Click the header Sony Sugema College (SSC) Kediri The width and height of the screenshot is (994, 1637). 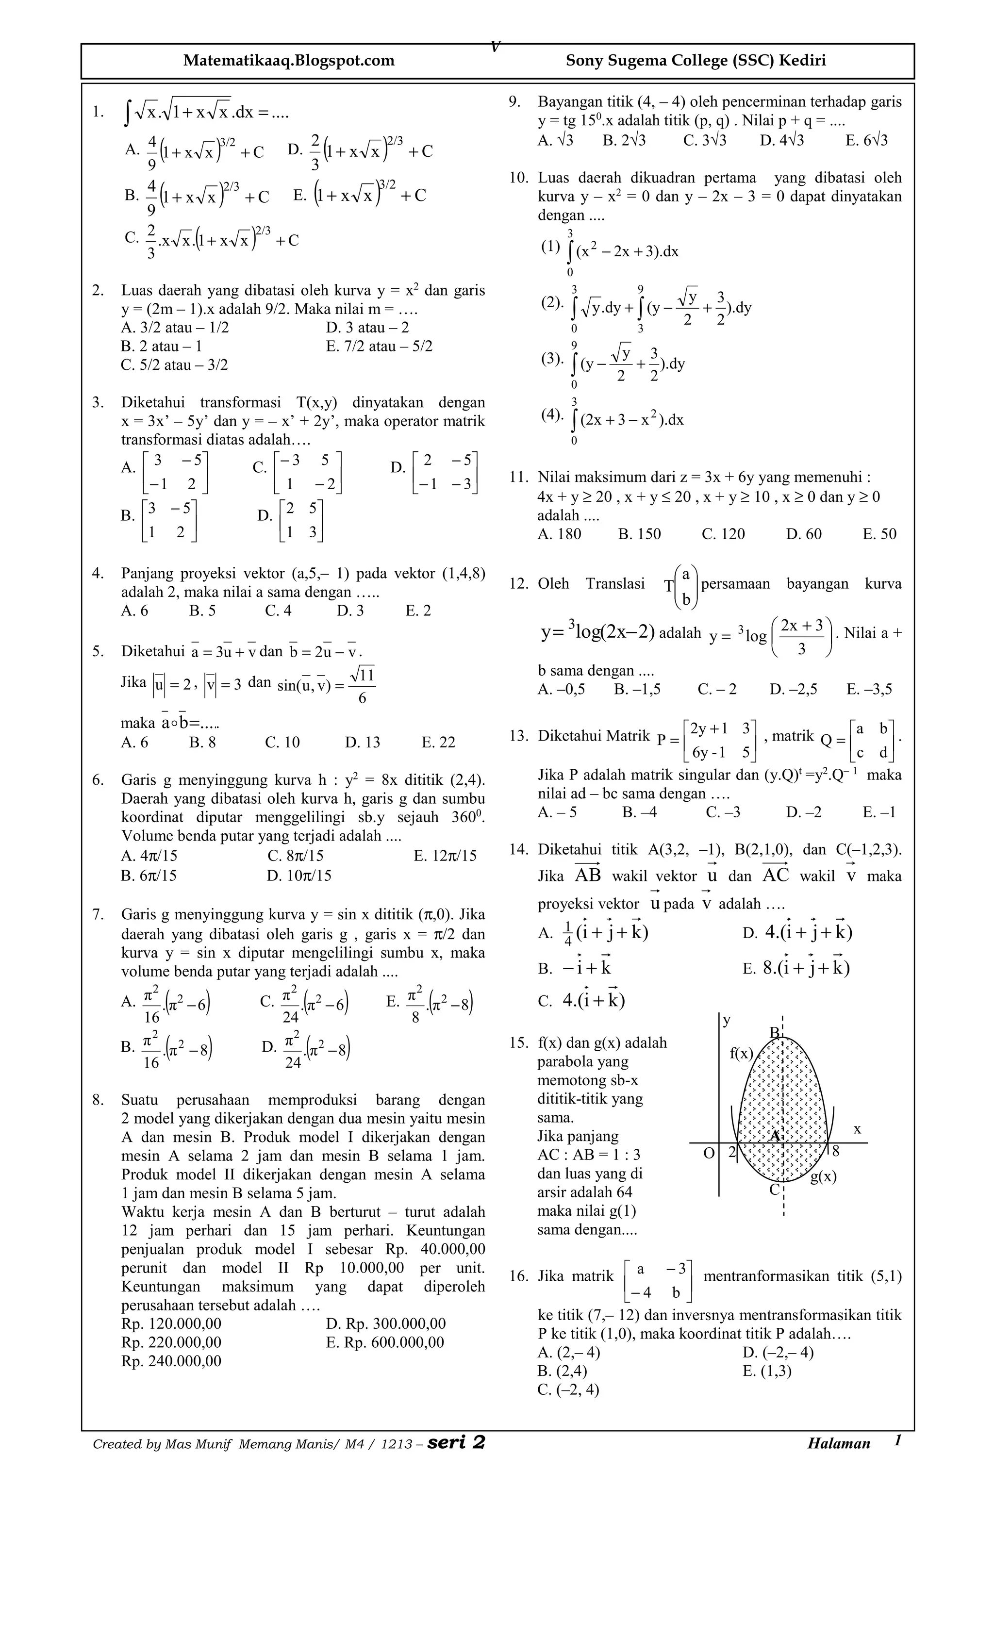point(696,61)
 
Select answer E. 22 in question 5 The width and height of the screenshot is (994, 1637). point(439,742)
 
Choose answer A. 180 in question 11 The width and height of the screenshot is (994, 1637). point(559,534)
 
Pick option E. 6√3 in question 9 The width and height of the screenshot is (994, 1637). point(866,140)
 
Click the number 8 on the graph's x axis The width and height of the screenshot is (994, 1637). point(835,1151)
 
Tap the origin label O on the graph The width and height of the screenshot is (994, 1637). point(709,1153)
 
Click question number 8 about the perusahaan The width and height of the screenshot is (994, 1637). point(99,1100)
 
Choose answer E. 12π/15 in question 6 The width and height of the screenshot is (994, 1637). point(445,856)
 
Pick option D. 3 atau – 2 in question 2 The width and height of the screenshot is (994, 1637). point(367,328)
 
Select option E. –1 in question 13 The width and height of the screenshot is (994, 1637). point(879,812)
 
